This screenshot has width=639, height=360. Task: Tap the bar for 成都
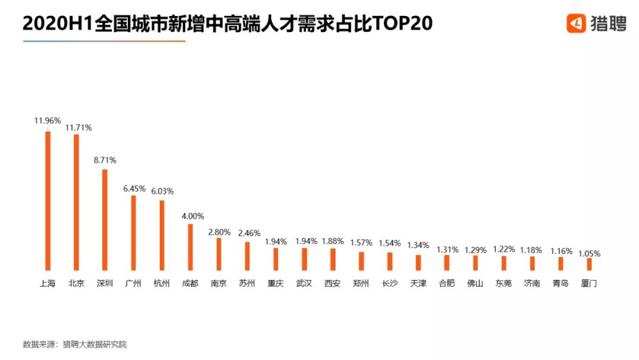pos(190,247)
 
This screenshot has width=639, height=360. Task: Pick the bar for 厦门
pos(589,264)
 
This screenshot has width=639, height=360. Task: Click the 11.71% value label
pos(79,128)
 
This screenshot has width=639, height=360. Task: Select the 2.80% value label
pos(219,231)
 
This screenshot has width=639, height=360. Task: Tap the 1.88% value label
pos(332,241)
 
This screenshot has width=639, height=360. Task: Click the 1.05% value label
pos(589,253)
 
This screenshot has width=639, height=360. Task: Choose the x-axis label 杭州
pos(162,283)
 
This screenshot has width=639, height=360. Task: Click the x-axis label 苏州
pos(247,283)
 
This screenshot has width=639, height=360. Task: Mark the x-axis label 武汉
pos(304,283)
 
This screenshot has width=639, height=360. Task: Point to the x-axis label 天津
pos(418,283)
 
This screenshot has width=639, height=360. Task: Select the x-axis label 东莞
pos(504,283)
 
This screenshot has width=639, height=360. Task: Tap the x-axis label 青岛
pos(560,283)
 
